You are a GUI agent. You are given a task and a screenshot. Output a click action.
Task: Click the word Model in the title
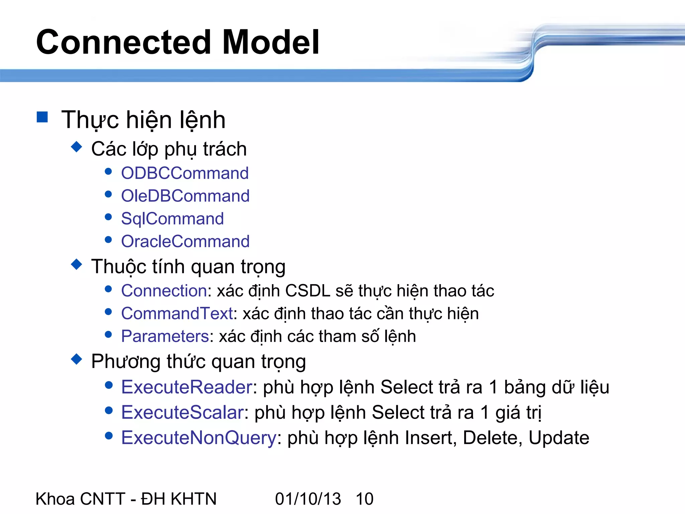point(271,42)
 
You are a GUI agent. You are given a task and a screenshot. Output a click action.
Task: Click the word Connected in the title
point(123,42)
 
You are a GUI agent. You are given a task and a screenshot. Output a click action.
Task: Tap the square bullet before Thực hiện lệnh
point(42,117)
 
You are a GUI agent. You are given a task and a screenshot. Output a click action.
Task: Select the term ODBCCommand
point(185,173)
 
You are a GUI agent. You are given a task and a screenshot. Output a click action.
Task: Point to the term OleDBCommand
point(185,196)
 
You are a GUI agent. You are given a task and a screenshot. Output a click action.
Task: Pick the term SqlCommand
point(172,219)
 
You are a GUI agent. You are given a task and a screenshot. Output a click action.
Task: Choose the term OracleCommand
point(185,242)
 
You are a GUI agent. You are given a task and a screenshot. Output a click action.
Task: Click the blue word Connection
point(164,290)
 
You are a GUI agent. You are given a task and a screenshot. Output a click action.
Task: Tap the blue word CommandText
point(177,314)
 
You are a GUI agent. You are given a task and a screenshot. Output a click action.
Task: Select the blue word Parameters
point(165,336)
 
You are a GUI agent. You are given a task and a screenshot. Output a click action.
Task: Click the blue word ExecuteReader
point(187,387)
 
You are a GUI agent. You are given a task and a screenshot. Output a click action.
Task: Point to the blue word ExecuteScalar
point(182,412)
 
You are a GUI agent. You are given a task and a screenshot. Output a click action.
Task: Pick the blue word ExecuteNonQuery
point(199,438)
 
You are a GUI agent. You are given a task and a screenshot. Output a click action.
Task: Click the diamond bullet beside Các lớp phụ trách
point(77,147)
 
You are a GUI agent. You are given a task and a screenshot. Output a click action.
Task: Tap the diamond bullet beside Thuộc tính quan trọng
point(77,264)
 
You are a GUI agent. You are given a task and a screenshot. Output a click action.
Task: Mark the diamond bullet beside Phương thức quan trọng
point(77,359)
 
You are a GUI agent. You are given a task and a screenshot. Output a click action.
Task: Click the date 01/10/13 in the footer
point(308,499)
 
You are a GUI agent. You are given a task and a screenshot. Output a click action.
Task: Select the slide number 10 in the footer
point(365,499)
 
